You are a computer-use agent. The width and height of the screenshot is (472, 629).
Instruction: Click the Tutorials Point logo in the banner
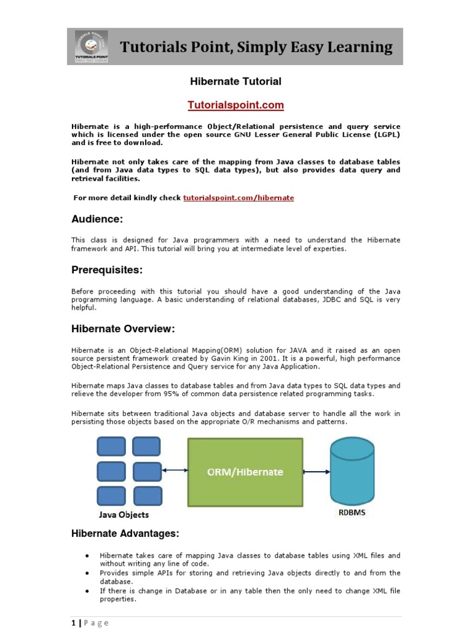(90, 45)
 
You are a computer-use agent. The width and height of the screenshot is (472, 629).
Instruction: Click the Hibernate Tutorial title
(236, 81)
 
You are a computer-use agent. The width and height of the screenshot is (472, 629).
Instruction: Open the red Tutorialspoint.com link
(236, 105)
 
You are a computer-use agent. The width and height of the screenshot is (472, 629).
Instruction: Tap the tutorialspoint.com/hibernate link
(238, 198)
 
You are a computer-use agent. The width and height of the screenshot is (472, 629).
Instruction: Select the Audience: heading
(97, 219)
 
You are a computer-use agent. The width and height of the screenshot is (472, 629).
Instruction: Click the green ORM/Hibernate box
(245, 472)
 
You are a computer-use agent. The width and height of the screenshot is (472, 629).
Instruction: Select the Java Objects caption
(124, 515)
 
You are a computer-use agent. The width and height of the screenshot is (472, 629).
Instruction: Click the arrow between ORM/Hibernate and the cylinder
(317, 472)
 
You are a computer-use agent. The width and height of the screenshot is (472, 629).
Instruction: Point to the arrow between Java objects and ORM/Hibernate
(175, 471)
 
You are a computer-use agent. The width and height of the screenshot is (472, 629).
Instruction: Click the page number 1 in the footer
(73, 622)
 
